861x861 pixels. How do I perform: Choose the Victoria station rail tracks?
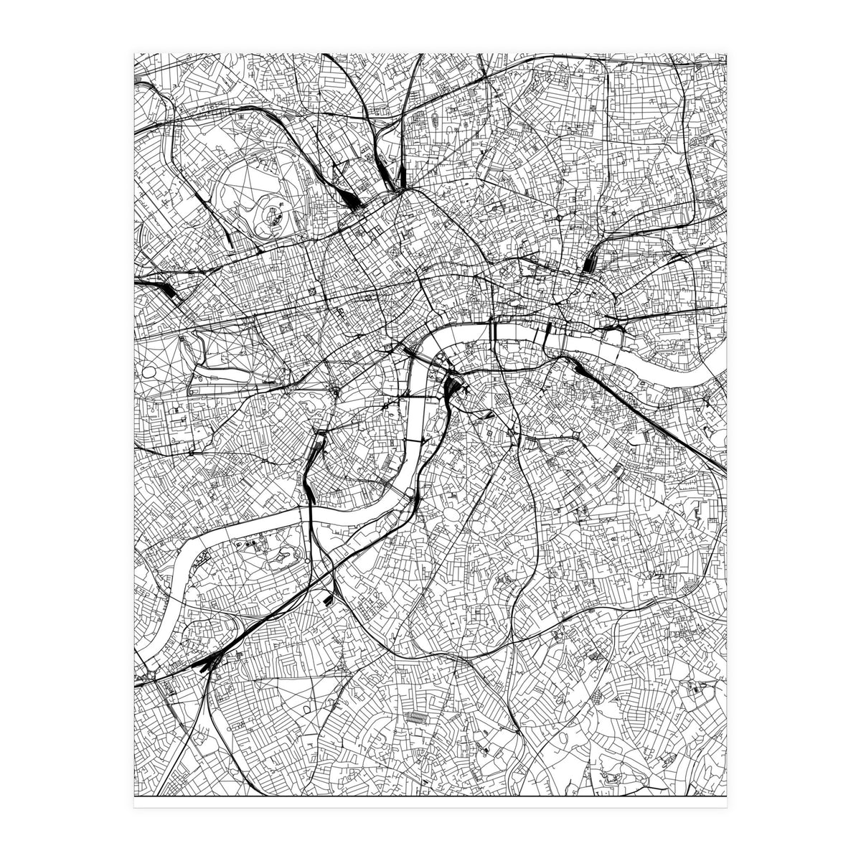pyautogui.click(x=316, y=451)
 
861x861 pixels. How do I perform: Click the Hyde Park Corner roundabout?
pyautogui.click(x=336, y=391)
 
